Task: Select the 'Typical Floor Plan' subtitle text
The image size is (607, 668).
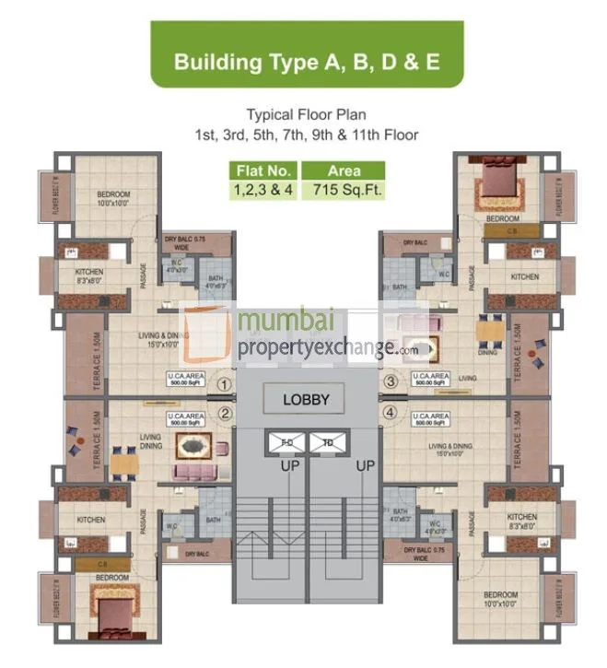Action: pos(305,115)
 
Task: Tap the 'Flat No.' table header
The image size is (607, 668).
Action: pos(263,171)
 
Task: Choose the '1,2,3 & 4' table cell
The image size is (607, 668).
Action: pos(263,191)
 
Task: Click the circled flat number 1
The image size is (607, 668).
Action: pos(223,381)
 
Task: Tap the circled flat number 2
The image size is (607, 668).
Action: pos(223,414)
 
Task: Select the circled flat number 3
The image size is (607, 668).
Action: pos(391,381)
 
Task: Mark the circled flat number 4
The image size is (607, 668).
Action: pos(391,414)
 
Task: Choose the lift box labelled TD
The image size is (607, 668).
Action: pos(327,442)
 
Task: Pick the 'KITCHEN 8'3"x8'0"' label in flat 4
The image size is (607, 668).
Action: pos(521,522)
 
